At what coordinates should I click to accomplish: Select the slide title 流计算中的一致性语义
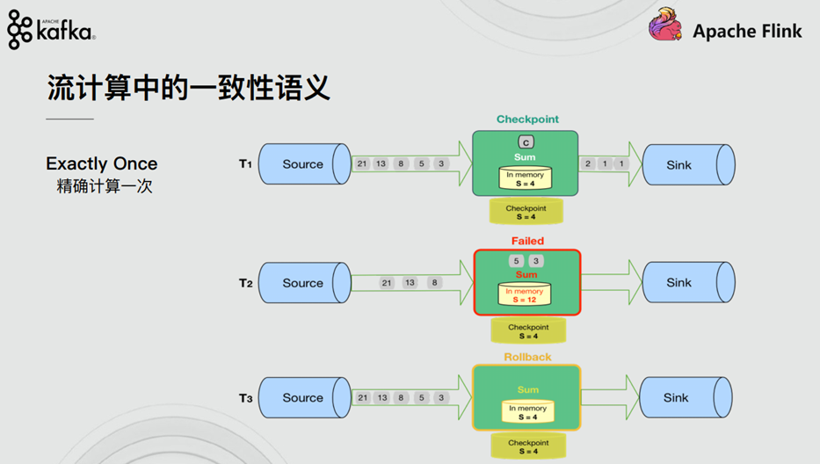tap(188, 88)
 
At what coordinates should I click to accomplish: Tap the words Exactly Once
tap(102, 163)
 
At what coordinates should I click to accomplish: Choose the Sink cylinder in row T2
tap(687, 283)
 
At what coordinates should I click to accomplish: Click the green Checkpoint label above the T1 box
tap(527, 120)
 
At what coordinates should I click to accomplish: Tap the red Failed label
tap(527, 241)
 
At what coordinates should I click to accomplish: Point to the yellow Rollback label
tap(527, 357)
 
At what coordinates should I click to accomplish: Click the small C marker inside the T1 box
tap(526, 141)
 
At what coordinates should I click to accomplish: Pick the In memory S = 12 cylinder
tap(525, 294)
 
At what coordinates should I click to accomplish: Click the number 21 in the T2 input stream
tap(387, 283)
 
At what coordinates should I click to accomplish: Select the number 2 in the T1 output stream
tap(588, 164)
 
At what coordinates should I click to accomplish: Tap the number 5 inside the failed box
tap(516, 261)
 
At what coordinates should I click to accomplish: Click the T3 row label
tap(245, 399)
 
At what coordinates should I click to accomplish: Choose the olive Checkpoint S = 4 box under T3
tap(526, 446)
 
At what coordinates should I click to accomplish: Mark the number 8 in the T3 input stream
tap(401, 398)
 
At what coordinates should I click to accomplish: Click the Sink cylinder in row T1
tap(687, 164)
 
